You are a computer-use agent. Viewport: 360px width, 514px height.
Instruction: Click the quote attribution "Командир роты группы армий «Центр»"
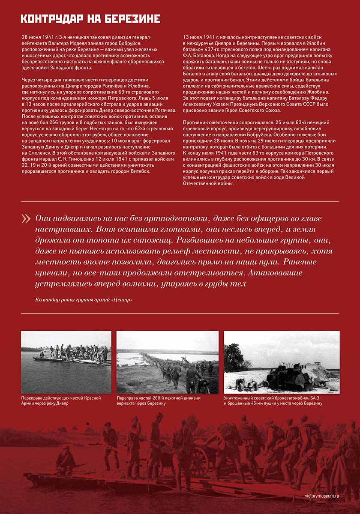click(x=84, y=300)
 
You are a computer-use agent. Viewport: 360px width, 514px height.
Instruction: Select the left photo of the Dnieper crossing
click(x=66, y=362)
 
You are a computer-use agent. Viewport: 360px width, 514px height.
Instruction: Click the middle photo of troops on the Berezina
click(x=168, y=362)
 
